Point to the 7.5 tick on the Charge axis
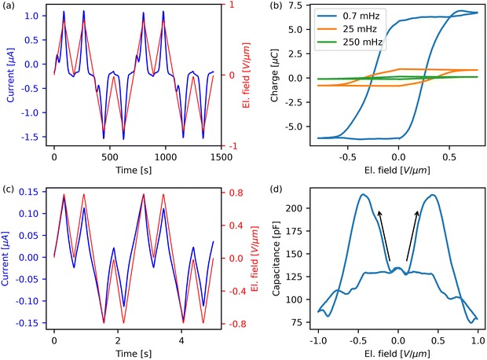click(x=293, y=7)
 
